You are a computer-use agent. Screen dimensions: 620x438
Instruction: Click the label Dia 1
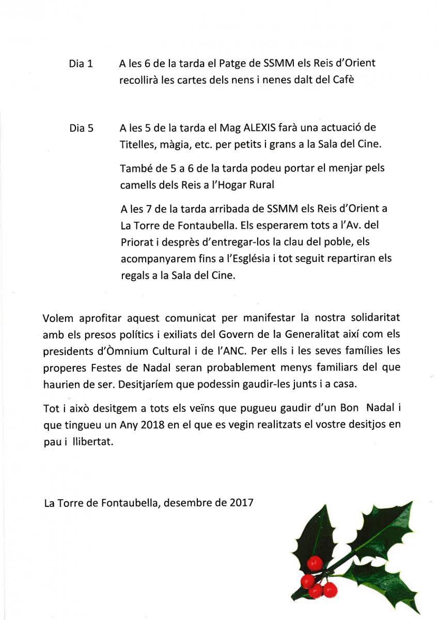81,64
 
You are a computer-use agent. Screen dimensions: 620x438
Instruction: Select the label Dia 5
81,128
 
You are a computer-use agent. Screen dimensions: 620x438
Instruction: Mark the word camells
136,184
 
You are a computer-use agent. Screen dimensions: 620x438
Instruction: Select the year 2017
241,501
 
